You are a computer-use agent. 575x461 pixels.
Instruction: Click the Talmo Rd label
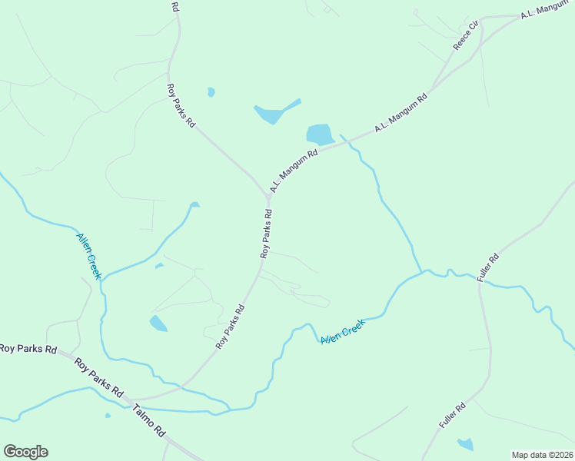pyautogui.click(x=149, y=420)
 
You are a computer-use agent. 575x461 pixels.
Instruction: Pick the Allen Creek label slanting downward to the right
pyautogui.click(x=88, y=256)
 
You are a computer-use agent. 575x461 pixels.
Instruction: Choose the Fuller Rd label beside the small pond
pyautogui.click(x=452, y=416)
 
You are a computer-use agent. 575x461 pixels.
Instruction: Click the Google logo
pyautogui.click(x=25, y=452)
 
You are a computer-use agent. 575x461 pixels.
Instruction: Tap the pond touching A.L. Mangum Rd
pyautogui.click(x=320, y=134)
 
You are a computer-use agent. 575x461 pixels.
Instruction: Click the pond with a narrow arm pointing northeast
pyautogui.click(x=271, y=113)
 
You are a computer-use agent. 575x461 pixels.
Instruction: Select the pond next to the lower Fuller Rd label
pyautogui.click(x=465, y=444)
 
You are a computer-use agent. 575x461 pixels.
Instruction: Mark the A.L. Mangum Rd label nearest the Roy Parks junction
pyautogui.click(x=294, y=171)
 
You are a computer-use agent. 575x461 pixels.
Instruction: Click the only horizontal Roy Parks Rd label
pyautogui.click(x=28, y=349)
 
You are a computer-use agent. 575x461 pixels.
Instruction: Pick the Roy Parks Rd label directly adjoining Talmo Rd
pyautogui.click(x=99, y=376)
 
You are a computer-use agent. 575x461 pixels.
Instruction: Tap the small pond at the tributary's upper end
pyautogui.click(x=194, y=205)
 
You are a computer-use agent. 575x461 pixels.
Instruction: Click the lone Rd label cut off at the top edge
pyautogui.click(x=175, y=6)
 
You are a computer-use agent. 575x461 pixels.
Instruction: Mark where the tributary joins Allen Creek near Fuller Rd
pyautogui.click(x=421, y=271)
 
